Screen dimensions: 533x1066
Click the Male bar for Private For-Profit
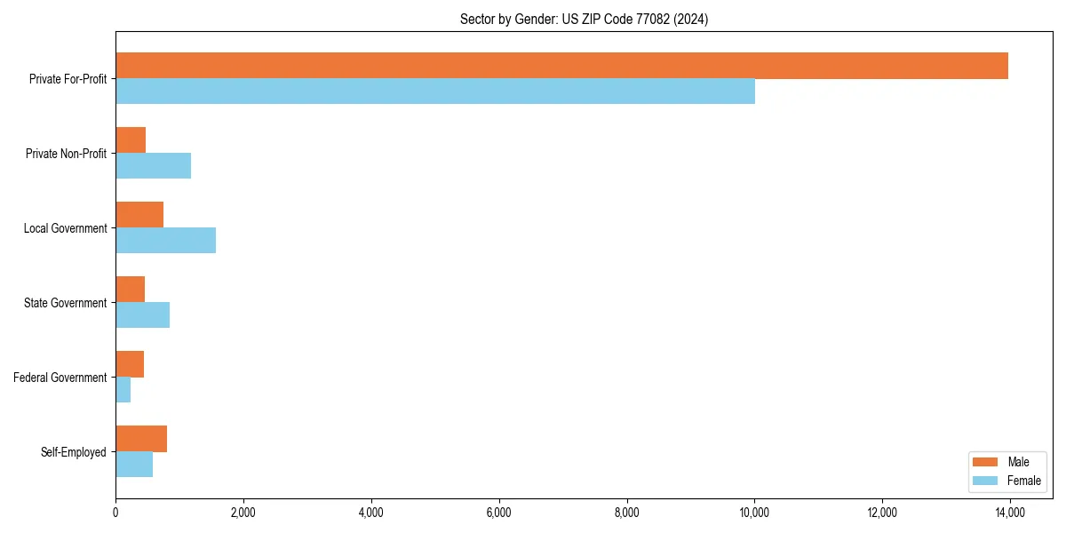[x=561, y=66]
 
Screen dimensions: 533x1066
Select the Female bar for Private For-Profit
[x=435, y=91]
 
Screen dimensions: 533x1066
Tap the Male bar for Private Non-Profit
[x=131, y=140]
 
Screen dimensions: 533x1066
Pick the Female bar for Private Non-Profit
[x=153, y=166]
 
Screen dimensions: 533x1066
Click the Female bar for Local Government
[x=165, y=241]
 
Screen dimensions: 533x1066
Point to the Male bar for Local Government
[x=139, y=215]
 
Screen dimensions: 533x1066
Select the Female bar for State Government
[x=142, y=315]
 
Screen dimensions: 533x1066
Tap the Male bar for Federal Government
[x=130, y=364]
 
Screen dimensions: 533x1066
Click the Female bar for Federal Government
[x=123, y=390]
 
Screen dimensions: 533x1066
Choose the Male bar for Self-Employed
[x=141, y=439]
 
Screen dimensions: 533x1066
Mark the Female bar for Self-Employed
[x=134, y=465]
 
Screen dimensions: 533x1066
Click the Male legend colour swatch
[x=985, y=462]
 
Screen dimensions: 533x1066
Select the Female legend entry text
[x=1023, y=481]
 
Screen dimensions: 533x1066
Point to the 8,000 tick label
[x=627, y=513]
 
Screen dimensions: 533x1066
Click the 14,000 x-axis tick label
[x=1010, y=513]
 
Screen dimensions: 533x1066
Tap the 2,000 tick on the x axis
[x=243, y=513]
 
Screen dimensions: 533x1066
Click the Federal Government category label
[x=60, y=378]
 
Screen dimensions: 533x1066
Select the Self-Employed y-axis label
[x=74, y=452]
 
